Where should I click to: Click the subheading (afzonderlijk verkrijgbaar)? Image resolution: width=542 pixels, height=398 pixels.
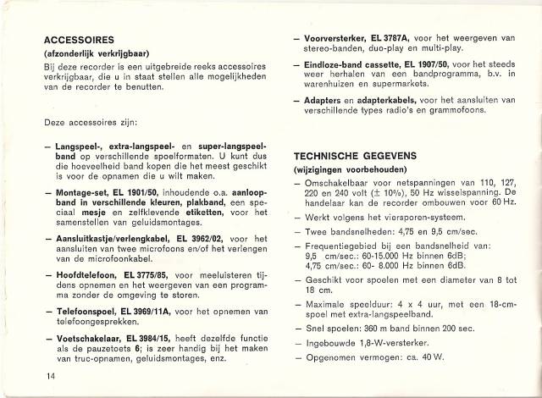[x=98, y=53]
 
